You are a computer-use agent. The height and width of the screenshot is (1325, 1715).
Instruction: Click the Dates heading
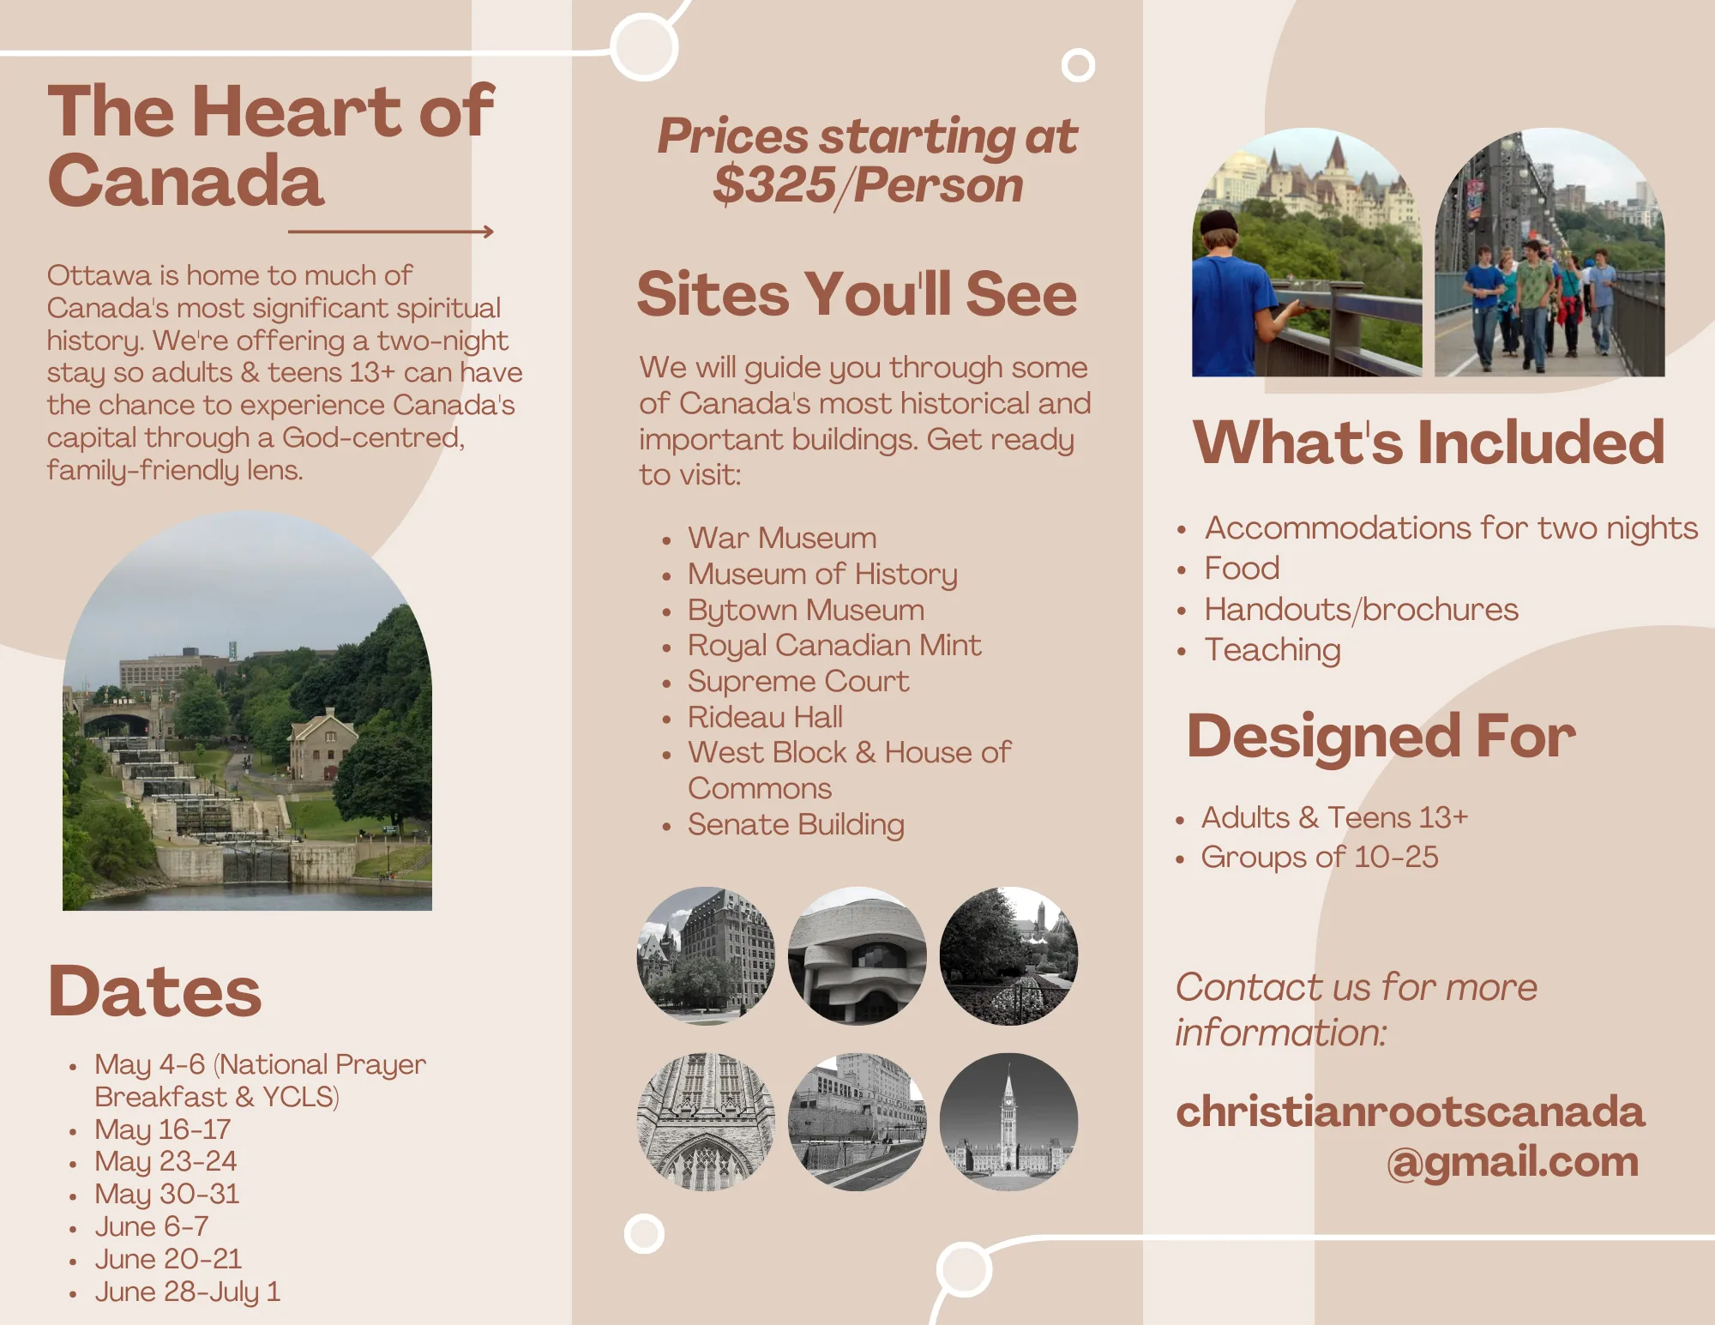point(154,991)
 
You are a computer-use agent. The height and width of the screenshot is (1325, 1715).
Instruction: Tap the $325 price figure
point(773,185)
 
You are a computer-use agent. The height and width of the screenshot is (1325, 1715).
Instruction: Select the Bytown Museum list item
point(806,610)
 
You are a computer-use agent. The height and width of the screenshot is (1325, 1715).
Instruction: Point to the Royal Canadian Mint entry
point(834,645)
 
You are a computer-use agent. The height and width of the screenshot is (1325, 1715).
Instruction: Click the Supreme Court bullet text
point(798,681)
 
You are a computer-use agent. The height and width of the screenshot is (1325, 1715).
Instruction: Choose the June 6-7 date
point(152,1226)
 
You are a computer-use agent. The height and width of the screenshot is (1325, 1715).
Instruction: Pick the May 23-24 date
point(165,1161)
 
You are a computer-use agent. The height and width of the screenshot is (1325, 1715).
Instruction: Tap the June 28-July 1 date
point(188,1292)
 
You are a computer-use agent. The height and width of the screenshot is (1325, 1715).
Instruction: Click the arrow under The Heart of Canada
point(391,232)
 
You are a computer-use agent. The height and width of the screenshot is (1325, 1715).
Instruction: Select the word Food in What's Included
point(1242,568)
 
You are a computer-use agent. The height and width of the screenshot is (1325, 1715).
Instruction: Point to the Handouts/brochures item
point(1361,609)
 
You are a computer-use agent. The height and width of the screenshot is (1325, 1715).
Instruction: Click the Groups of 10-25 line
point(1320,857)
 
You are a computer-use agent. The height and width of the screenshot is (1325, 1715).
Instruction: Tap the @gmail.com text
point(1513,1162)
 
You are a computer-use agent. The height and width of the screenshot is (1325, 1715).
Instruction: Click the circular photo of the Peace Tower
point(1008,1122)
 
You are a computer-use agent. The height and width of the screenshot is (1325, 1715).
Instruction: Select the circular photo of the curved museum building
point(857,955)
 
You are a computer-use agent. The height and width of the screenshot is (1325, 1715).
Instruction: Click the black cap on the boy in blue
point(1218,222)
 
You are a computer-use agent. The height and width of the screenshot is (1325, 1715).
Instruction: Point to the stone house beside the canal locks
point(322,744)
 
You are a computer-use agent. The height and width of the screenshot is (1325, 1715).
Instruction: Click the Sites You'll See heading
point(857,293)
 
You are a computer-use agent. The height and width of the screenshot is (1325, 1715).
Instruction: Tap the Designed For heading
point(1381,736)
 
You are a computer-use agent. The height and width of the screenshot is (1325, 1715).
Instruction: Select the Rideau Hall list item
point(765,717)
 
